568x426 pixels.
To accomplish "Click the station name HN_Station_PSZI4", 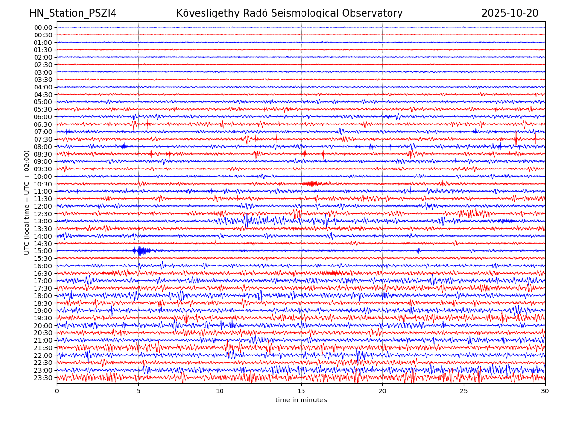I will pos(73,13).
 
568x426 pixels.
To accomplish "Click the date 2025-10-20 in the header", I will pos(510,13).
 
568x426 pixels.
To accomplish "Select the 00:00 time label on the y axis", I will pos(43,27).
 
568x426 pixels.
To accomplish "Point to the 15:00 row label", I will pos(43,251).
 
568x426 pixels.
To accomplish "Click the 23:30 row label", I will pos(43,378).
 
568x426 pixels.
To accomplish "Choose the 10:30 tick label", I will pos(43,184).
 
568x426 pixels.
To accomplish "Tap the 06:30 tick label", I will pos(43,124).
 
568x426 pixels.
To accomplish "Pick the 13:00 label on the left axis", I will pos(43,221).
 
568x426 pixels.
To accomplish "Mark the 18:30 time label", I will pos(43,303).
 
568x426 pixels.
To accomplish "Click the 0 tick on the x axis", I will pos(57,391).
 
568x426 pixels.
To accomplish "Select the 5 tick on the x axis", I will pos(138,391).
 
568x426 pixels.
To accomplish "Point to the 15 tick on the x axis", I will pos(301,391).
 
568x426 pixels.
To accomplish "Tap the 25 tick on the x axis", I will pos(464,391).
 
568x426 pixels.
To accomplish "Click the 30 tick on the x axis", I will pos(545,391).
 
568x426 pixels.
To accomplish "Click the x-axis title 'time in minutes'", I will pos(301,400).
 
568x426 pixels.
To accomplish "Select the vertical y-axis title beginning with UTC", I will pos(27,203).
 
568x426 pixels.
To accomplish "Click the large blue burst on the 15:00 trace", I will pos(141,250).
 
